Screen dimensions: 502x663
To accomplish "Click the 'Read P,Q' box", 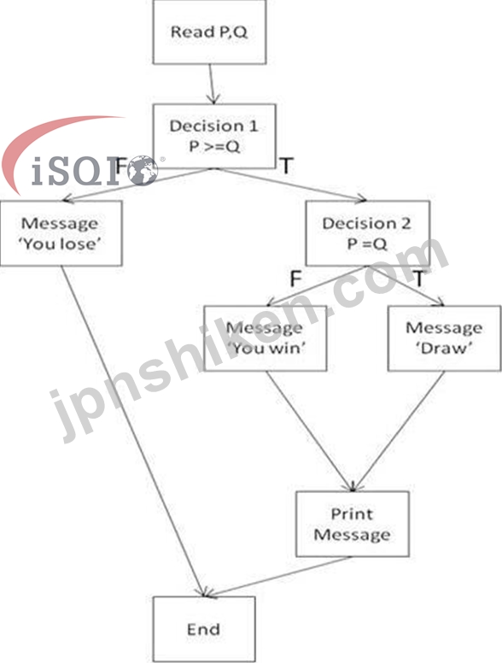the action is [209, 32].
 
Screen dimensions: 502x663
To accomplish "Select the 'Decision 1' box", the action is [214, 136].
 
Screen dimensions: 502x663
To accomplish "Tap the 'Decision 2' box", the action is [368, 233].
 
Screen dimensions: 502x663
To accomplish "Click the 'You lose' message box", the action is [61, 233].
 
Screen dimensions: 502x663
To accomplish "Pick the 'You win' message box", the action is [266, 338].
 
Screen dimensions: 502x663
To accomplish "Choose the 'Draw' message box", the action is [445, 338].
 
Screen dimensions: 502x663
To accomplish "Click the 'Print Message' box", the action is [353, 524].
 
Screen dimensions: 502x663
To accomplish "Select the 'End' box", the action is [204, 629].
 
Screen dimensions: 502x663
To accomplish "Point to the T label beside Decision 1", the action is [287, 166].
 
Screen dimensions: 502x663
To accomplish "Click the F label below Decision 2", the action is [295, 279].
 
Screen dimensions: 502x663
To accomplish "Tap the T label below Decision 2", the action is [418, 279].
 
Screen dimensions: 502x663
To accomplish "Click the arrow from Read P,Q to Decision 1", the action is [212, 84].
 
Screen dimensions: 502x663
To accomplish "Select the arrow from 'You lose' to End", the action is [133, 431].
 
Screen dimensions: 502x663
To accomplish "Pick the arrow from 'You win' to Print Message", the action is [310, 431].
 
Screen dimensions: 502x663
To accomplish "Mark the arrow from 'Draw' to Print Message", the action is [399, 431].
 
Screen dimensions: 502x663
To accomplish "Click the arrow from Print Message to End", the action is [277, 577].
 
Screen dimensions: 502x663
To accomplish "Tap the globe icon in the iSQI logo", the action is [143, 171].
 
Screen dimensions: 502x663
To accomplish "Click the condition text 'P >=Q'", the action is [214, 146].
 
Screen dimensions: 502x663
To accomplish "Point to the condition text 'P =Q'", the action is [367, 243].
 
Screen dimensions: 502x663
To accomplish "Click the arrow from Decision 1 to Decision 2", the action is [292, 185].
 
